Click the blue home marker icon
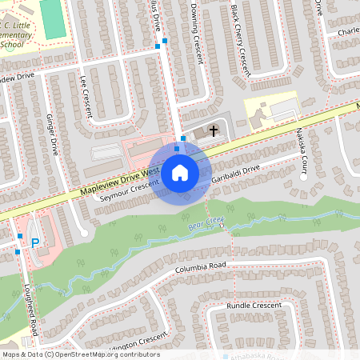[180, 172]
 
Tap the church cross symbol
[214, 130]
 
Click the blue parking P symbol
[35, 242]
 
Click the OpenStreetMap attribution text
[80, 354]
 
